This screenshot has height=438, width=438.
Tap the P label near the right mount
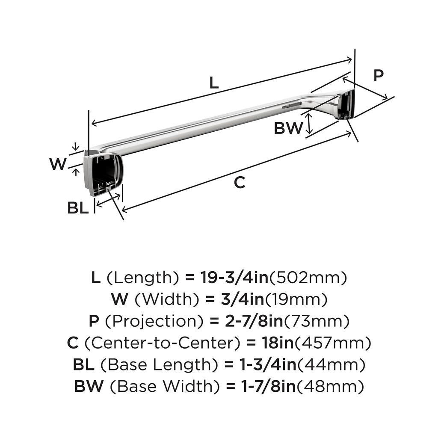(379, 76)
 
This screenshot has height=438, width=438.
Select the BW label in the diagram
(288, 128)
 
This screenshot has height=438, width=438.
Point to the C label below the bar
(240, 183)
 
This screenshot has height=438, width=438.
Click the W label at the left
(58, 164)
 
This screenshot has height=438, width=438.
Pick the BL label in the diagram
(78, 208)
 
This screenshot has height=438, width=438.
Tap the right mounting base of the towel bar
(346, 105)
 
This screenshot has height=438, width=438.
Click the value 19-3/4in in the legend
(234, 278)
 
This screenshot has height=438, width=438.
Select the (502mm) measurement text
(307, 278)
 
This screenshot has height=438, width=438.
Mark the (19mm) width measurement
(296, 299)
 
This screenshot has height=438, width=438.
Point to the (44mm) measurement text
(331, 365)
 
